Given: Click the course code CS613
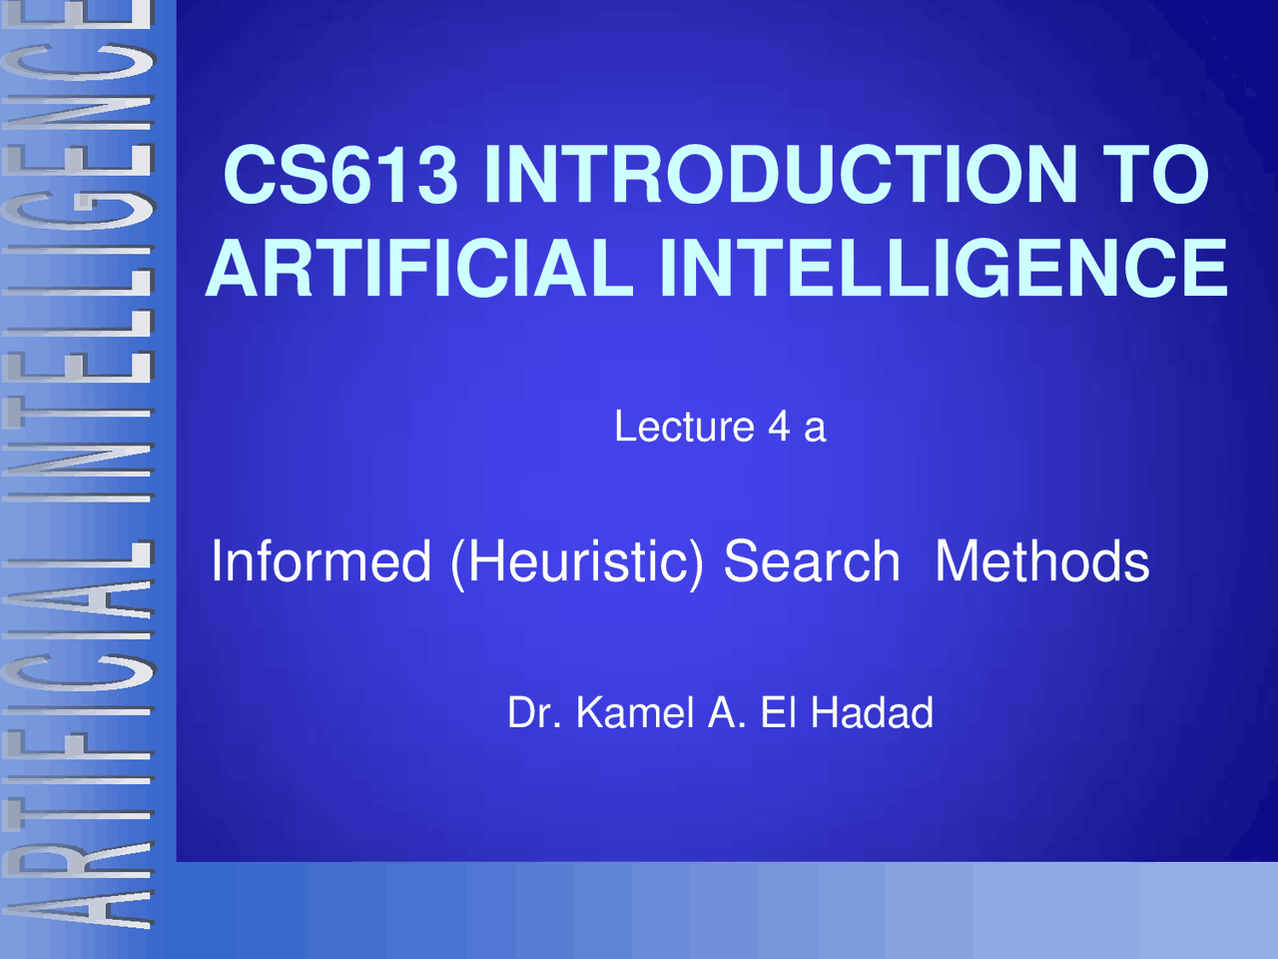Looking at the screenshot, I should click(x=339, y=175).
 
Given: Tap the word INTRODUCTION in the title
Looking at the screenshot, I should click(x=780, y=175).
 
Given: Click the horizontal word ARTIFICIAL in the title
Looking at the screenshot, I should click(x=419, y=269).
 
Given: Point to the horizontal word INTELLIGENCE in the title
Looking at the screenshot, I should click(x=943, y=269).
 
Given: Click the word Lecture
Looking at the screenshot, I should click(x=684, y=427).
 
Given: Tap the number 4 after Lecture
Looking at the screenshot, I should click(x=779, y=427).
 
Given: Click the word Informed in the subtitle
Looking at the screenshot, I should click(x=320, y=560).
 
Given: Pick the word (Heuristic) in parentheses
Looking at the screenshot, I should click(x=577, y=561).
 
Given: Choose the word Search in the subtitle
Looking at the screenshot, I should click(x=811, y=560).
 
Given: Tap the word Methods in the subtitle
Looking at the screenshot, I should click(x=1041, y=560).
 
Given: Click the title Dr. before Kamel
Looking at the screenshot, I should click(x=533, y=713).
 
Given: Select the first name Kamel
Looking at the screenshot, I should click(x=635, y=713).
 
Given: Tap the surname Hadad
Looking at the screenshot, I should click(x=872, y=713).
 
